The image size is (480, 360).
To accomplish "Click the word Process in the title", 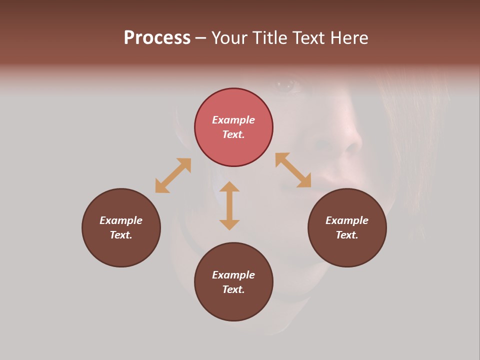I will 157,38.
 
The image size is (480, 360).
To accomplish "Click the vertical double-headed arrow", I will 229,205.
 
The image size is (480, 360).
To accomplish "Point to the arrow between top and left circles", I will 173,175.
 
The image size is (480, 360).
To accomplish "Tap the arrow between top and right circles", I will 293,170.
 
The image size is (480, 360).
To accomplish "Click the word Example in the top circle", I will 233,120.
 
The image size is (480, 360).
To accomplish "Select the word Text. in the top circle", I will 233,134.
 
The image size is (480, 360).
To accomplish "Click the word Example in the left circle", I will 121,220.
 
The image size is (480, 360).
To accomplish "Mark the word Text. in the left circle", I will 121,235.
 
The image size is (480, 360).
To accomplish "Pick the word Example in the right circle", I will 347,220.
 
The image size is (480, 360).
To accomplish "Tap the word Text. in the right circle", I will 347,235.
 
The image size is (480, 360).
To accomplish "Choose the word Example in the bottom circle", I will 233,275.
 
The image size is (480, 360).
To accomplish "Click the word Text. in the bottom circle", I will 233,289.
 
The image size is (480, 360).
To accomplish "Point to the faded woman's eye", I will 288,85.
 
